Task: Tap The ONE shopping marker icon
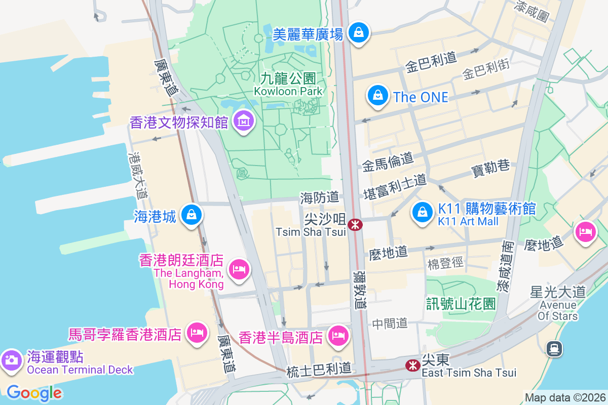click(378, 95)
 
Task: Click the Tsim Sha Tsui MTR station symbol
click(355, 224)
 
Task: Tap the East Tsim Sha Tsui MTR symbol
click(413, 364)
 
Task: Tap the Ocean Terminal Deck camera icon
click(11, 360)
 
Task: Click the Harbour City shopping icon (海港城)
click(192, 214)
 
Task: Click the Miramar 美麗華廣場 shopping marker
click(359, 32)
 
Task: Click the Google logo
click(34, 393)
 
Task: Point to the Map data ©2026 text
click(564, 397)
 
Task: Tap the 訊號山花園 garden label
click(461, 303)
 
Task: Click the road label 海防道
click(319, 197)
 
